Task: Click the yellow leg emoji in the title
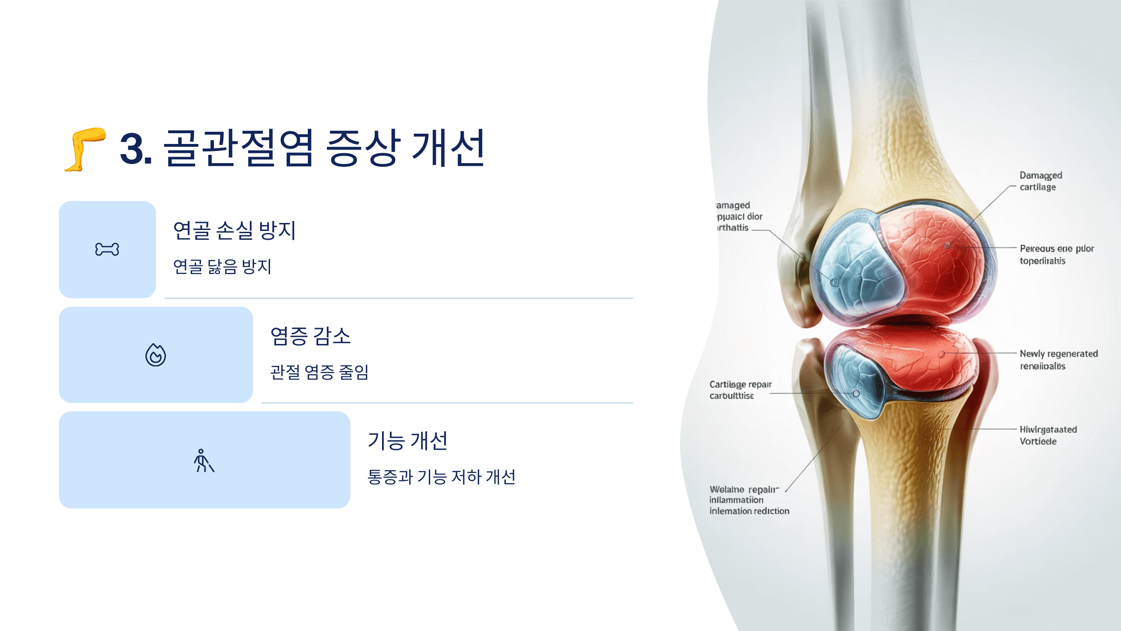85,149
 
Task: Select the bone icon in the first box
107,249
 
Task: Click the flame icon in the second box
156,355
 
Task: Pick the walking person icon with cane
204,461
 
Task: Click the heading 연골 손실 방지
234,230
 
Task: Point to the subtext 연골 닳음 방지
222,266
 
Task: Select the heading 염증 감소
311,336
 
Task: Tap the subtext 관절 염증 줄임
319,372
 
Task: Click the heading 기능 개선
408,441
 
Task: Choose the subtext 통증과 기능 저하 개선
441,477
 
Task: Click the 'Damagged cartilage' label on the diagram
1040,181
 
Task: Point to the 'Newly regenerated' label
1058,354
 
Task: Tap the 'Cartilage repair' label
740,384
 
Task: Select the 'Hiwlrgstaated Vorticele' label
1048,435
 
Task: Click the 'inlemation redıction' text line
749,511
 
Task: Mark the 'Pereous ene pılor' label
1057,249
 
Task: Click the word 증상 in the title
363,149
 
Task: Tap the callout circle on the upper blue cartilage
834,283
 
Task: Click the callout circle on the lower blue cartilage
856,394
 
